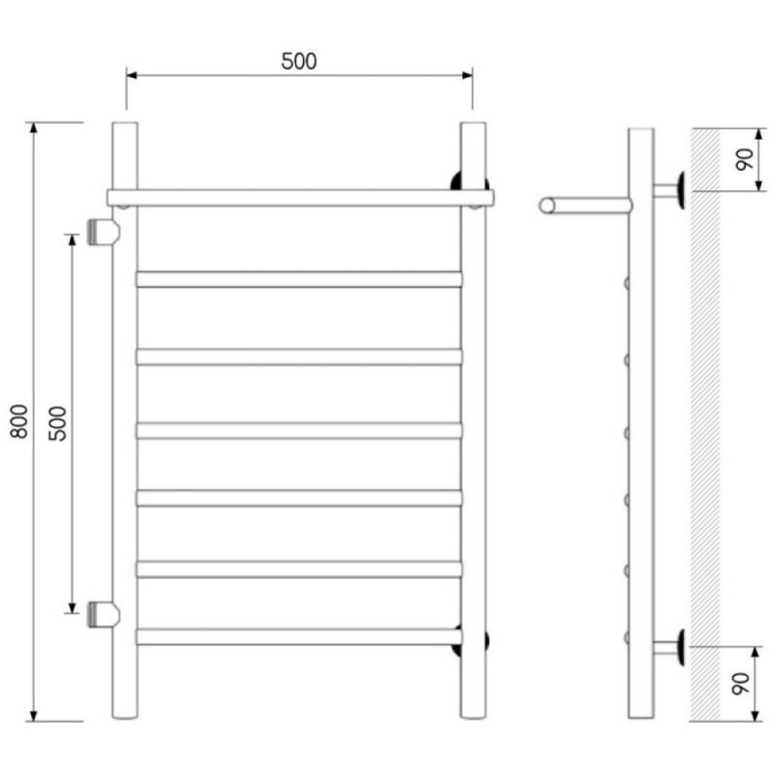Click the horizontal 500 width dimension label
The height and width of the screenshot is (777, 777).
(x=299, y=61)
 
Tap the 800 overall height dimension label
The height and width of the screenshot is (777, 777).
(x=19, y=421)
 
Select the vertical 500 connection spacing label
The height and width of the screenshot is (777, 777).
(x=58, y=423)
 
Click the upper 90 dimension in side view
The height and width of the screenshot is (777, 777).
(x=744, y=160)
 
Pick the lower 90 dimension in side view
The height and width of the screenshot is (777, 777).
(x=742, y=684)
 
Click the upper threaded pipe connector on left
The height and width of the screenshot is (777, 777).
(x=104, y=232)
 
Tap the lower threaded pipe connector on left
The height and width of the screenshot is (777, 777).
(x=104, y=615)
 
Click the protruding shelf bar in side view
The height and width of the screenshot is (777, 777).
(x=585, y=205)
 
